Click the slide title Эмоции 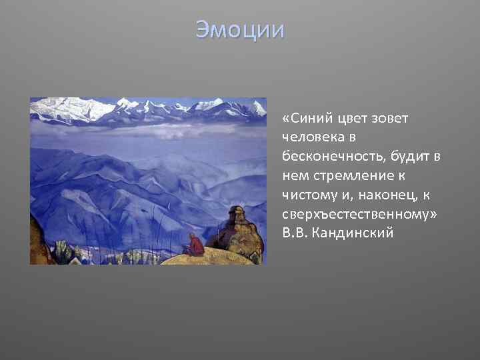pos(240,30)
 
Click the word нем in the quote pos(294,176)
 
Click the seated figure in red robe pos(195,245)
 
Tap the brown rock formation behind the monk pos(237,230)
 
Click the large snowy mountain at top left pos(63,108)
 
